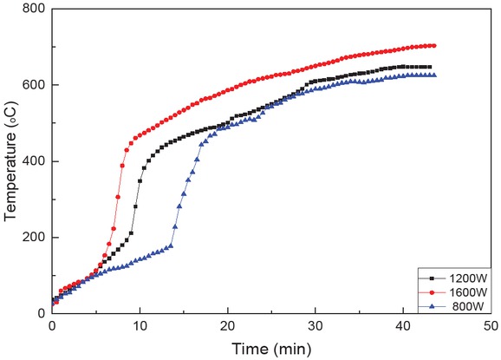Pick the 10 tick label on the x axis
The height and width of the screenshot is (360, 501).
click(140, 328)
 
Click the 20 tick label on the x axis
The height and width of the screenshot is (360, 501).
click(227, 328)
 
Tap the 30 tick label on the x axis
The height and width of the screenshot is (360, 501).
click(315, 328)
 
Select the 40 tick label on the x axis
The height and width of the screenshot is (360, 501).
click(402, 328)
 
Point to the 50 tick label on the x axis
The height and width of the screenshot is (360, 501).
click(490, 328)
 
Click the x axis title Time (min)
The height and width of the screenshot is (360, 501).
click(271, 349)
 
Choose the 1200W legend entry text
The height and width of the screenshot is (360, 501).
click(464, 278)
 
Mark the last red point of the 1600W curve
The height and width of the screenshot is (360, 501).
click(433, 45)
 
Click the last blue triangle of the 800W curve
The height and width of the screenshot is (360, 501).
click(433, 75)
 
